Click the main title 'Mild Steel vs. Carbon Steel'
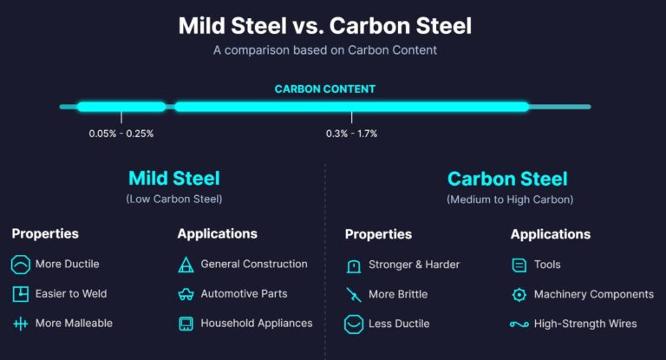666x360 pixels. pos(324,25)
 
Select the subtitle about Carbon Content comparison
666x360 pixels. pos(324,50)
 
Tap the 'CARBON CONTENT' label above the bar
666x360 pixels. pos(324,89)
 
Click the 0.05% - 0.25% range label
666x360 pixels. pos(121,134)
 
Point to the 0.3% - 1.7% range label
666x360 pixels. pos(351,134)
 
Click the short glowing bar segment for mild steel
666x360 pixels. pos(121,107)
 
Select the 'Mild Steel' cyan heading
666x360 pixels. pos(173,179)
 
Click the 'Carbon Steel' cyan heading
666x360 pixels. pos(507,179)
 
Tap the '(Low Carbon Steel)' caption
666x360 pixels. pos(173,200)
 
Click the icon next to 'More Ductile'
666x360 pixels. pos(20,265)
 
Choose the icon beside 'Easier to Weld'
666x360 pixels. pos(20,294)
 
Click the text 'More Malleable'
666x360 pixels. pos(74,324)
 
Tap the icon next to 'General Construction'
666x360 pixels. pos(186,265)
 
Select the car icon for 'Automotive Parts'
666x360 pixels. pos(186,294)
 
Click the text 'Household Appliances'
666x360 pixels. pos(256,324)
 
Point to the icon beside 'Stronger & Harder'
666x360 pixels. pos(353,265)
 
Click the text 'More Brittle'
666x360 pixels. pos(398,294)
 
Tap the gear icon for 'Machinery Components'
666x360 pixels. pos(519,294)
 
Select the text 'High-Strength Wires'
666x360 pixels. pos(585,324)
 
